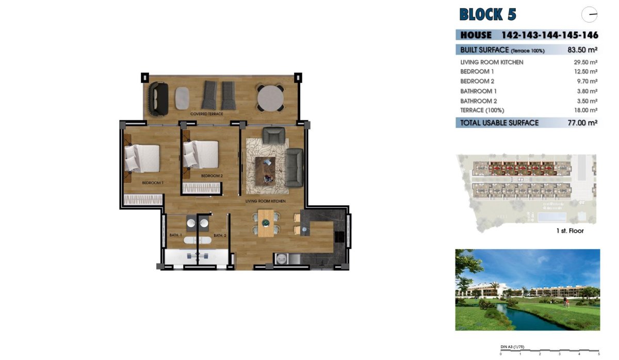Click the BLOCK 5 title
tap(487, 14)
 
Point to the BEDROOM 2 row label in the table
tap(477, 81)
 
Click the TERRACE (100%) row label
tap(482, 110)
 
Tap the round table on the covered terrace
tap(270, 97)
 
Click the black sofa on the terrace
tap(158, 98)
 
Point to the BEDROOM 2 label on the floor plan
tap(211, 176)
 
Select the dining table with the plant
tap(265, 223)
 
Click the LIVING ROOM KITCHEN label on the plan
tap(266, 201)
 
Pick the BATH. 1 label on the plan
tap(176, 236)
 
